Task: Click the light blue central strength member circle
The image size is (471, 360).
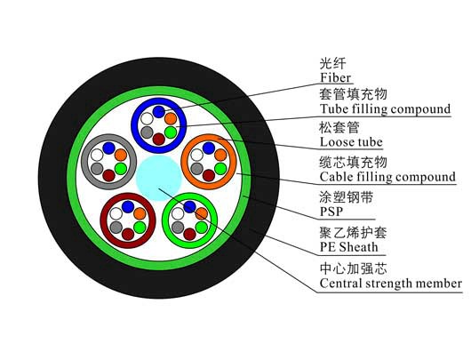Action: point(159,178)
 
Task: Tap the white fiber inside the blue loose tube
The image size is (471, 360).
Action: point(148,119)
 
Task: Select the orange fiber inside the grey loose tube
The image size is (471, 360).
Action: point(121,155)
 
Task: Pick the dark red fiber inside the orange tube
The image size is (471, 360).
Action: point(209,175)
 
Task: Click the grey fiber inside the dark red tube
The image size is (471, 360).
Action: point(116,228)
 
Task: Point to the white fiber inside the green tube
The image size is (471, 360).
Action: point(178,213)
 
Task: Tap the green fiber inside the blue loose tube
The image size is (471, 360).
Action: point(171,132)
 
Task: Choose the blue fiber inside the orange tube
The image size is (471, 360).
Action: point(209,148)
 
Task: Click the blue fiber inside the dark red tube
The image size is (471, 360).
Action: point(128,207)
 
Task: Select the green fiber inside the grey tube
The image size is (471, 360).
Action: point(121,169)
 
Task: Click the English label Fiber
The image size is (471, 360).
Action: point(336,77)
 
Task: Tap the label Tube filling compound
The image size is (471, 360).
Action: point(385,108)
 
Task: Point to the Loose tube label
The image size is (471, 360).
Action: point(351,142)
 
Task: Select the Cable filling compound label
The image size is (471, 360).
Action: point(387,177)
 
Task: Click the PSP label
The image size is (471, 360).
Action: point(331,212)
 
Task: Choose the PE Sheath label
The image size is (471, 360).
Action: point(348,247)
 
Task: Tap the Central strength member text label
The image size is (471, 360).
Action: point(390,283)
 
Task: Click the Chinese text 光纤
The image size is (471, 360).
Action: point(332,64)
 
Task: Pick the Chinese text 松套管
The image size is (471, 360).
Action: point(339,128)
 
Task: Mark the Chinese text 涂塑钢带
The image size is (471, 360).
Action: point(346,197)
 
